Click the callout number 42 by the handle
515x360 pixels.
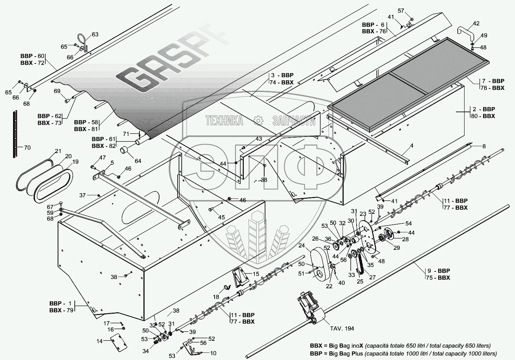click(476, 23)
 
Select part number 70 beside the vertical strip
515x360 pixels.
click(27, 148)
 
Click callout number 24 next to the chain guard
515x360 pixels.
click(301, 245)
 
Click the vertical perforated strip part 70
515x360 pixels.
click(15, 134)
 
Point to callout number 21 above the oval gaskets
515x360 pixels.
click(58, 151)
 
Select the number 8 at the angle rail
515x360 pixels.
click(484, 146)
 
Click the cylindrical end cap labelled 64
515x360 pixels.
click(124, 151)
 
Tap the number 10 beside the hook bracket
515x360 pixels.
click(213, 353)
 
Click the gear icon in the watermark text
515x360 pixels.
click(257, 120)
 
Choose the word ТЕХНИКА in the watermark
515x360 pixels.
click(224, 120)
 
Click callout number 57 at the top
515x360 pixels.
click(401, 11)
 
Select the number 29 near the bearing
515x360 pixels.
click(396, 248)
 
